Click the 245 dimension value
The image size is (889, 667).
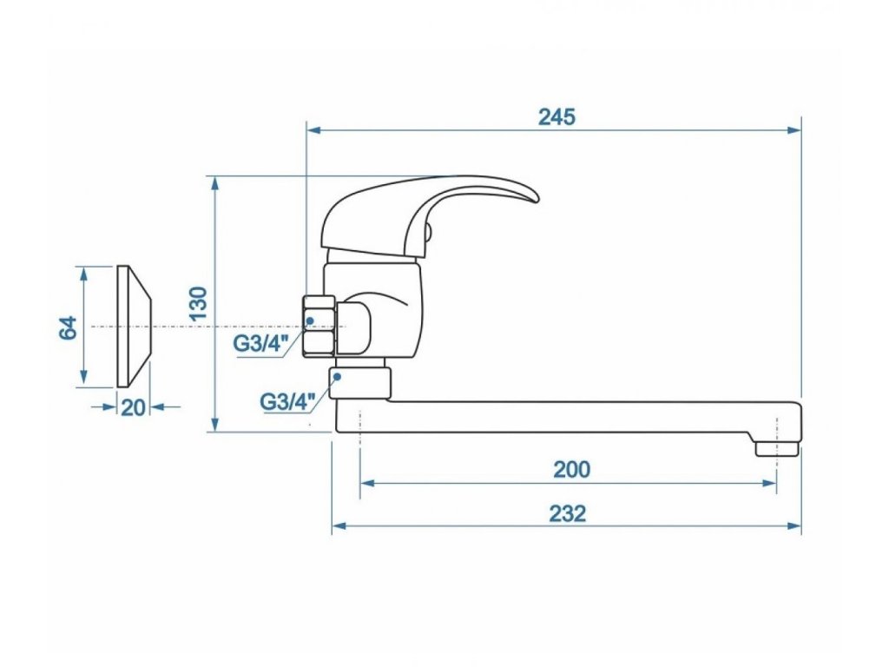(x=556, y=117)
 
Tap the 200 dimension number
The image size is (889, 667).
(x=571, y=470)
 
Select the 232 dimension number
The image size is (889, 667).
(x=567, y=513)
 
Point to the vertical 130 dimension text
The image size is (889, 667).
(x=199, y=305)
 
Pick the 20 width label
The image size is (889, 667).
(x=133, y=406)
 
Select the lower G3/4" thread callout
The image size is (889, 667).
(x=286, y=402)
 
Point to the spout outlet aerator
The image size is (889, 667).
(x=776, y=446)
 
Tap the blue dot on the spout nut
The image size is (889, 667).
(x=338, y=377)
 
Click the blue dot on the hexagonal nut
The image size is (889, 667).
(x=310, y=321)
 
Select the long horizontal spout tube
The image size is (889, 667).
(x=564, y=416)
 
